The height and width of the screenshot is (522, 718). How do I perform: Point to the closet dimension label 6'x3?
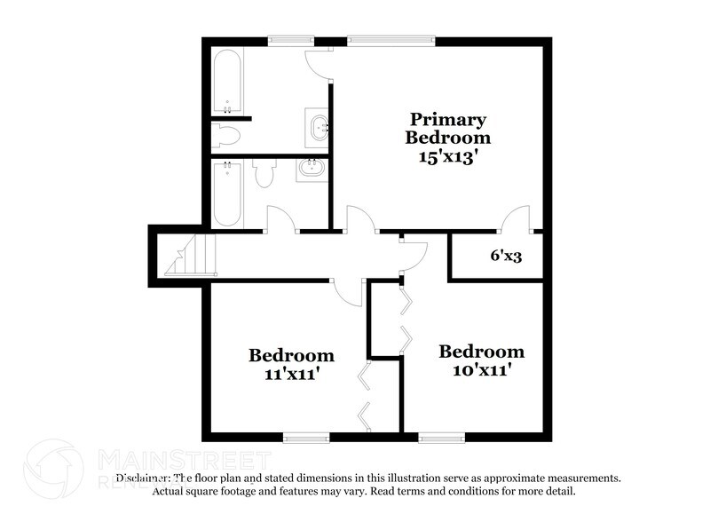[x=507, y=256]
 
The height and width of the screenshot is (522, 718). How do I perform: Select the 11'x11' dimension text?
[x=291, y=375]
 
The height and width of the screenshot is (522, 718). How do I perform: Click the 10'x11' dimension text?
[x=481, y=370]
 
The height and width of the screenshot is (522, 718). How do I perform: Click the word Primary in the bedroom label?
[x=447, y=119]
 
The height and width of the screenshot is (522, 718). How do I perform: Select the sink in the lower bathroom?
[x=312, y=169]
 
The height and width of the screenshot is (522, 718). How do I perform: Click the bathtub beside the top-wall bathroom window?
[x=227, y=81]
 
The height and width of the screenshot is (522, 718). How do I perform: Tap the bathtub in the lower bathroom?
[x=227, y=194]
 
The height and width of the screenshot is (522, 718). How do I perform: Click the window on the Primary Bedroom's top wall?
[x=391, y=40]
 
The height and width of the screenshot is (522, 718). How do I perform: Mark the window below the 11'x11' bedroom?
[x=305, y=437]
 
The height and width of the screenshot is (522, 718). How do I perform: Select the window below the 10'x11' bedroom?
[x=441, y=437]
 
